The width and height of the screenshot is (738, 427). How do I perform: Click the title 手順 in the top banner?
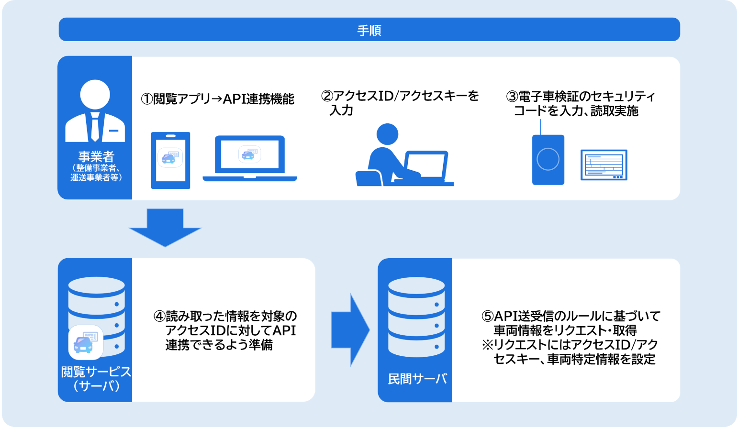(369, 30)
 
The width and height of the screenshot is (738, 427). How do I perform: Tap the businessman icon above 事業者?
(95, 111)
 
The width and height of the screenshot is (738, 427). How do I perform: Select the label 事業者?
(96, 157)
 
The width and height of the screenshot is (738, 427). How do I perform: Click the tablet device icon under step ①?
(170, 160)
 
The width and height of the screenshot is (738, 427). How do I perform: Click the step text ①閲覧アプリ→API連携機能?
(218, 99)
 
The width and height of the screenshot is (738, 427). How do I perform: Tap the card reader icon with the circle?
(548, 160)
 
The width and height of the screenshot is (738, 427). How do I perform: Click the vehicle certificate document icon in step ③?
(604, 165)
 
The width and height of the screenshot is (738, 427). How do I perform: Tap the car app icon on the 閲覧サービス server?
(85, 342)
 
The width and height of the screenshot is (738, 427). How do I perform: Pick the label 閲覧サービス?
(96, 372)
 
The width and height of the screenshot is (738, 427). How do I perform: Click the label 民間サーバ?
(417, 379)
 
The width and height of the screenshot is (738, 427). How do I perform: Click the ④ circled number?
(159, 317)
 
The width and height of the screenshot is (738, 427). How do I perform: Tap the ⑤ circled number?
(487, 317)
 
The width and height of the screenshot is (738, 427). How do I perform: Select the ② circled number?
(327, 96)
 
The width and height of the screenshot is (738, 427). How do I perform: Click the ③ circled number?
(512, 97)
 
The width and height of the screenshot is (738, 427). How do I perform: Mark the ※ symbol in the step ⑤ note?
(487, 345)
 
